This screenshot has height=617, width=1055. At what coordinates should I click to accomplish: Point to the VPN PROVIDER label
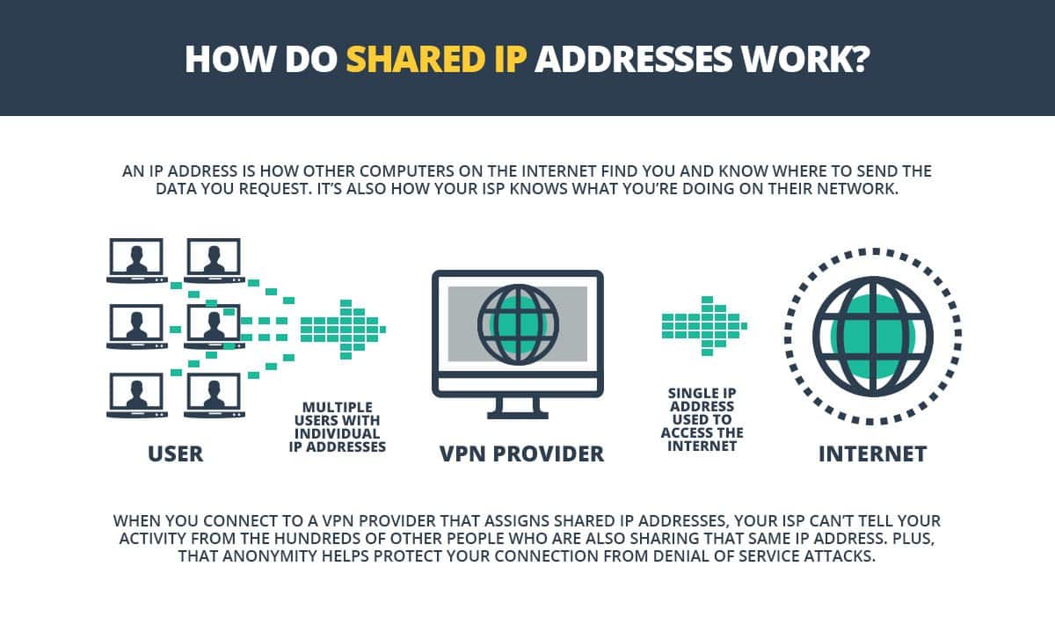point(521,454)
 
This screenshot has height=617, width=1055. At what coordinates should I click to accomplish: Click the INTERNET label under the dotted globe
point(872,454)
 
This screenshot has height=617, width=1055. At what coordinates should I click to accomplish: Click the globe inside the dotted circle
point(872,334)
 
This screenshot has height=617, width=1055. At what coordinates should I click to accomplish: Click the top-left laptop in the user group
point(135,261)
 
